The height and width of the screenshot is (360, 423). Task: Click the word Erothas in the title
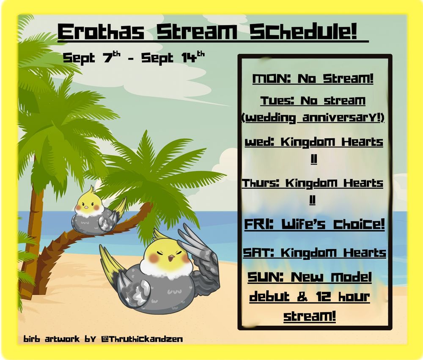[x=101, y=32]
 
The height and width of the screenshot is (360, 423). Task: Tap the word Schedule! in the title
[x=304, y=32]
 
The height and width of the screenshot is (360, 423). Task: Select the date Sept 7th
[x=91, y=57]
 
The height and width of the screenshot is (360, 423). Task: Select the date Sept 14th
[x=173, y=57]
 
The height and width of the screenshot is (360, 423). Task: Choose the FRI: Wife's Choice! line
[x=314, y=224]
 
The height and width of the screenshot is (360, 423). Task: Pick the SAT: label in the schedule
[x=258, y=253]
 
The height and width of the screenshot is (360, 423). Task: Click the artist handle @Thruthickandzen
[x=142, y=339]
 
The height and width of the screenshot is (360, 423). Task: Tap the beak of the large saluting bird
[x=171, y=258]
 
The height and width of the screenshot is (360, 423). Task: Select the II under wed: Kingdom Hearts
[x=313, y=159]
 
